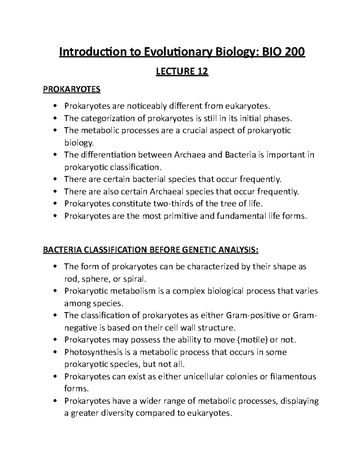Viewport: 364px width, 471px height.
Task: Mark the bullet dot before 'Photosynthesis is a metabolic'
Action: coord(55,352)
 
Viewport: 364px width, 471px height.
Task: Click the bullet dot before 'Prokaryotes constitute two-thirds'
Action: coord(55,204)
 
